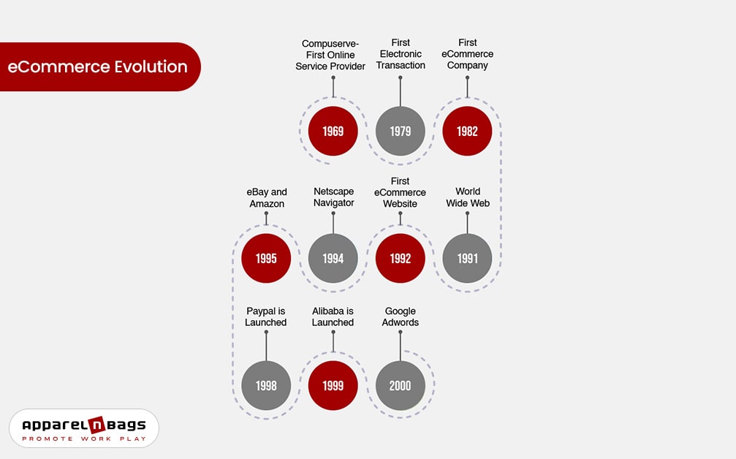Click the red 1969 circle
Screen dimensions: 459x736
click(x=333, y=131)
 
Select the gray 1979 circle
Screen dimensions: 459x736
click(x=400, y=131)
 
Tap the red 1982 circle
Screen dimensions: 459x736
click(x=467, y=131)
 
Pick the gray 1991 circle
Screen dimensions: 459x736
click(x=467, y=258)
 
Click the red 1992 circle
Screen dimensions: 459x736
click(x=400, y=258)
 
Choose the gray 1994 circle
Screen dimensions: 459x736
click(x=333, y=258)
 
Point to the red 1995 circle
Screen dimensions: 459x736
click(x=266, y=258)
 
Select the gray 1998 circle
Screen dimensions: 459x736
click(x=266, y=385)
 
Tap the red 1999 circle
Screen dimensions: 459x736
click(x=333, y=385)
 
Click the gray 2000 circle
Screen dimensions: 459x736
click(x=400, y=385)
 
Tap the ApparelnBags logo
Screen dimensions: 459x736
click(x=83, y=428)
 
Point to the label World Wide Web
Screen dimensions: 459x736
click(x=467, y=197)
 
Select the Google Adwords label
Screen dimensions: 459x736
click(x=400, y=316)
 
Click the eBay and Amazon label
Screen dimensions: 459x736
click(x=266, y=198)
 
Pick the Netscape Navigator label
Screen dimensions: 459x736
click(x=333, y=197)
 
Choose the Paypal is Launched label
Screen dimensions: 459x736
click(x=266, y=316)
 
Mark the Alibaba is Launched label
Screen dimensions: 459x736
click(x=333, y=316)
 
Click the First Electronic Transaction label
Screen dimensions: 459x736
click(x=401, y=54)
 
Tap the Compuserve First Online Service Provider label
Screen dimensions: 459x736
click(x=330, y=55)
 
